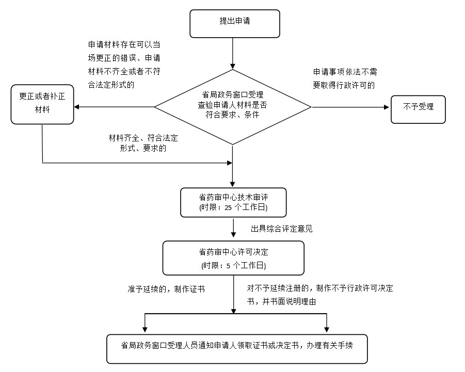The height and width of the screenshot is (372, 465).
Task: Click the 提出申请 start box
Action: (x=235, y=24)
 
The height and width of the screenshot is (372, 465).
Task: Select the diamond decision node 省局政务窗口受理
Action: (x=233, y=107)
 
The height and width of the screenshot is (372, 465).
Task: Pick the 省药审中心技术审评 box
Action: (x=233, y=202)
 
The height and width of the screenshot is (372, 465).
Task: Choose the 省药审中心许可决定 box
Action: (x=233, y=257)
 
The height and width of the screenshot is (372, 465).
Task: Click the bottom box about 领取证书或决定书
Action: (x=237, y=349)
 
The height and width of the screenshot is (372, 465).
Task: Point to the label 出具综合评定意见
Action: (x=282, y=228)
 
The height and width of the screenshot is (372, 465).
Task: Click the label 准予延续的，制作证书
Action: (x=166, y=289)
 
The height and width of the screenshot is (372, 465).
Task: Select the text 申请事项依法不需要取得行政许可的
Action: (x=345, y=78)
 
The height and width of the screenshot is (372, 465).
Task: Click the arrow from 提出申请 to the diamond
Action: (x=233, y=54)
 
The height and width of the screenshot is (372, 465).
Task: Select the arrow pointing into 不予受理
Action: (x=351, y=107)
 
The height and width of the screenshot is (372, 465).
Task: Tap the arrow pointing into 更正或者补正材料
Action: (x=114, y=107)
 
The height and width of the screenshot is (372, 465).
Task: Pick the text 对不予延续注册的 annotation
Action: (x=320, y=295)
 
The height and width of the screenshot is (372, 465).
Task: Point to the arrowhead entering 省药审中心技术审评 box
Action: (x=233, y=184)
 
